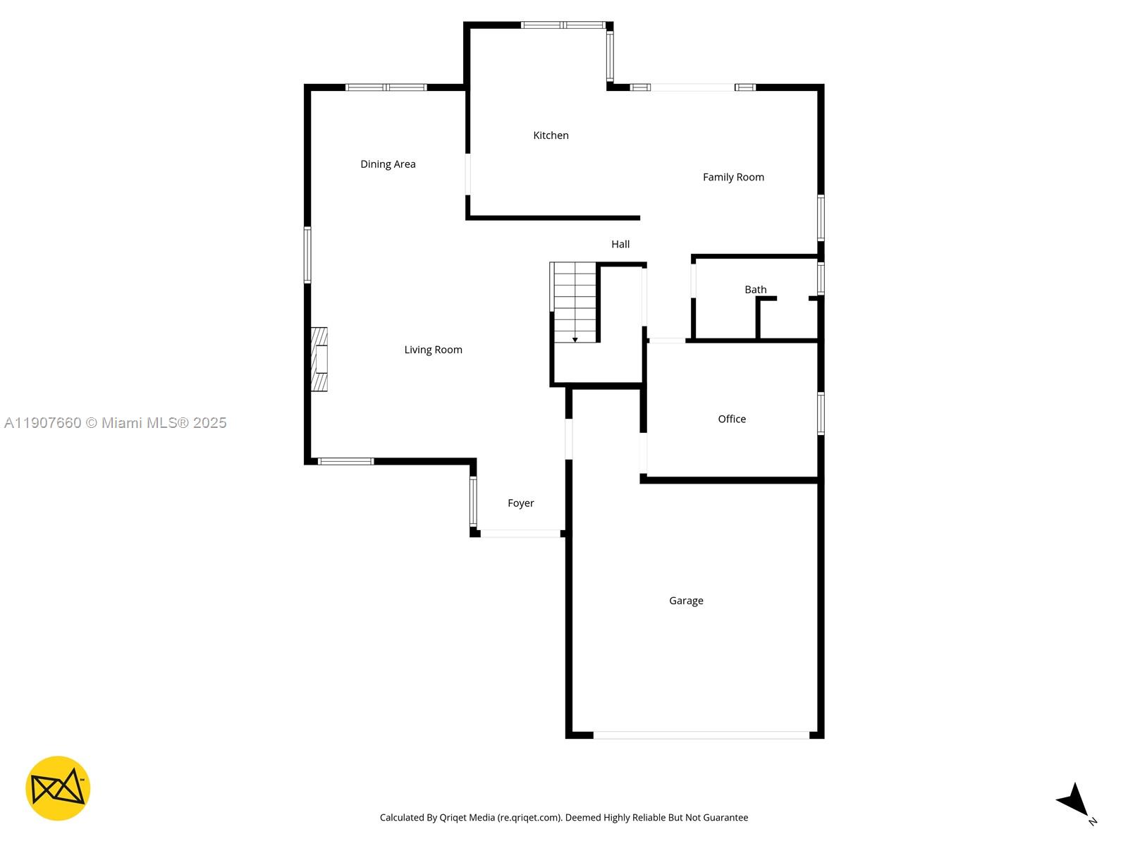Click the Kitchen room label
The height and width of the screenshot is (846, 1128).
551,135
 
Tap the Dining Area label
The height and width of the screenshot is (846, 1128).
388,164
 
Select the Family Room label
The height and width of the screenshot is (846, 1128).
733,177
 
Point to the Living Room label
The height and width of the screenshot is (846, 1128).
433,350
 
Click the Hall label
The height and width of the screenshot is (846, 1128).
620,244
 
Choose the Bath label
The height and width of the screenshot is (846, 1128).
755,290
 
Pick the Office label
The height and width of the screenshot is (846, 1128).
732,419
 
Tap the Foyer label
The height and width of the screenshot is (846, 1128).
521,503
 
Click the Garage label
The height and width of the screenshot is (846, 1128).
686,601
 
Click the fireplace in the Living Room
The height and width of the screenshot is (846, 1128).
320,360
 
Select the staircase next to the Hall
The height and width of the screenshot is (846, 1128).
575,302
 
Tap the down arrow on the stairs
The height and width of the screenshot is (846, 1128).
575,340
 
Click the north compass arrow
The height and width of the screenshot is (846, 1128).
1074,801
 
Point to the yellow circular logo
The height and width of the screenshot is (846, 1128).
58,788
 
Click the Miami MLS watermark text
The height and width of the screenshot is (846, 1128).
116,423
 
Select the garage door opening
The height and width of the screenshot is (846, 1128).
701,735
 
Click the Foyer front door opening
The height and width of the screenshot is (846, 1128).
520,534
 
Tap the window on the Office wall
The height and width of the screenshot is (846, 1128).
821,413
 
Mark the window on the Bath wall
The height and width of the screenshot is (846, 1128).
821,278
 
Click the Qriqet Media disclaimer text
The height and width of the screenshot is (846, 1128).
564,818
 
